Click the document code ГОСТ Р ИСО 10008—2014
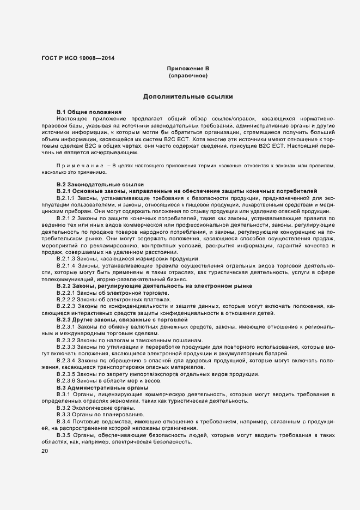pyautogui.click(x=78, y=58)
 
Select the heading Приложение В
pyautogui.click(x=188, y=69)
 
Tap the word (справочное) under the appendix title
pyautogui.click(x=188, y=76)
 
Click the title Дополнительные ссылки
pyautogui.click(x=188, y=96)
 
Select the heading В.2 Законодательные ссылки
pyautogui.click(x=93, y=185)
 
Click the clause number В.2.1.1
pyautogui.click(x=66, y=198)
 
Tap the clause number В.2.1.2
pyautogui.click(x=66, y=218)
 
